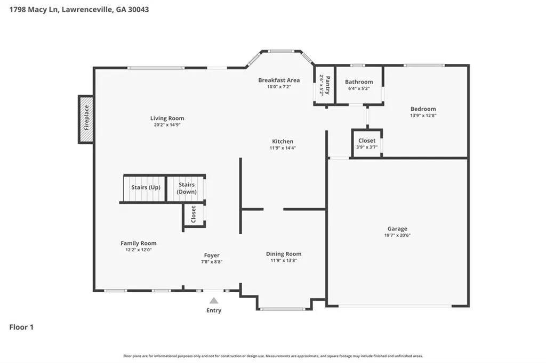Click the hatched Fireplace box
86,119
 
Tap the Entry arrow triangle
214,301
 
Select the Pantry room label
328,85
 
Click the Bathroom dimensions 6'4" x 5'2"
359,89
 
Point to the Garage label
397,229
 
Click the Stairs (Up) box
144,188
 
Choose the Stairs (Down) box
187,188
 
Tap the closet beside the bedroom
367,143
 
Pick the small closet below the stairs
194,215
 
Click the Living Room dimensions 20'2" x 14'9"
167,125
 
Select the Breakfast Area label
279,80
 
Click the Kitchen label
283,142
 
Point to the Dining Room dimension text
284,260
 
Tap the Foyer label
212,255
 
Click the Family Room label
139,243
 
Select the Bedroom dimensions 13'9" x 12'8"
423,115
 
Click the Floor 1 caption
21,327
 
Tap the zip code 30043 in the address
139,10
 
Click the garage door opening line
395,306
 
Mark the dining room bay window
283,309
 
